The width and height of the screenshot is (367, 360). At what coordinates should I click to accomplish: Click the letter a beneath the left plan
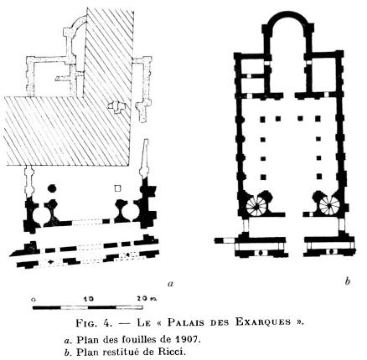pos(170,284)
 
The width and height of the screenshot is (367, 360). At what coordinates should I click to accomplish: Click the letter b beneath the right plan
pos(347,281)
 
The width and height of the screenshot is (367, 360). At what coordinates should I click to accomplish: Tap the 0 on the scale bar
pos(34,300)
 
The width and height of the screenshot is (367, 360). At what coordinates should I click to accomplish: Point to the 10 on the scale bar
pos(89,299)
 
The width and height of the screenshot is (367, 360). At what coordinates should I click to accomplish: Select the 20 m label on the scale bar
pos(147,299)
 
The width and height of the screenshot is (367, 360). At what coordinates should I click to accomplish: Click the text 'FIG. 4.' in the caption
pos(94,322)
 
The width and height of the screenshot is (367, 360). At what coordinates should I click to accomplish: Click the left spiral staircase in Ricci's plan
pos(256,206)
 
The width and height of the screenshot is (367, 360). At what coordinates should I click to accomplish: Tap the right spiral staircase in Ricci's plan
pos(329,205)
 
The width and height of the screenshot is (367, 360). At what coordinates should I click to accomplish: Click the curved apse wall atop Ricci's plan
pos(287,15)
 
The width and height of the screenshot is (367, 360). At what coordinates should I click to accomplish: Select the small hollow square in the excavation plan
pos(117,188)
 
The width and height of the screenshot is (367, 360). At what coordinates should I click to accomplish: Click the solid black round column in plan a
pos(52,188)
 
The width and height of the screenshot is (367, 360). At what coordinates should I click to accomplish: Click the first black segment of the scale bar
pos(47,307)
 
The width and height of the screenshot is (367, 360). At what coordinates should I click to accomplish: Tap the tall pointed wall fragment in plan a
pos(145,157)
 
